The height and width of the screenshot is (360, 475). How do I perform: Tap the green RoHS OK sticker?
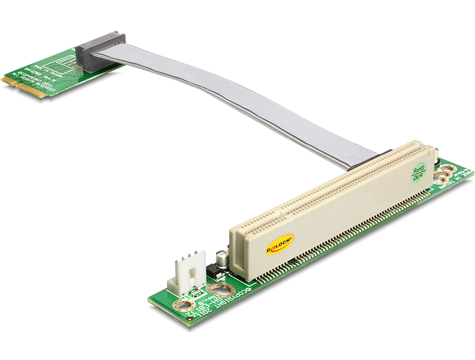pos(418,171)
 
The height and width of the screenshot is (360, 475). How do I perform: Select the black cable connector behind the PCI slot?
pos(382,154)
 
